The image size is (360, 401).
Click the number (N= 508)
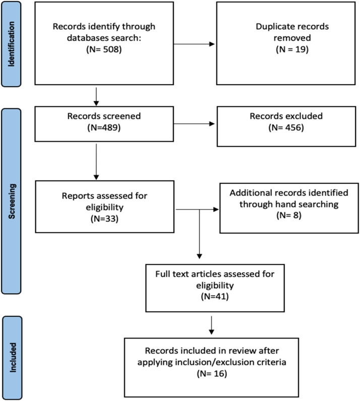(x=104, y=49)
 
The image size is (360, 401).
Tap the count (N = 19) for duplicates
(x=292, y=49)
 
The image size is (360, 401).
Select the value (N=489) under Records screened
(x=104, y=127)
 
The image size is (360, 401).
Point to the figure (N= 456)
(x=286, y=127)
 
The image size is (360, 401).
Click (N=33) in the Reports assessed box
(x=104, y=219)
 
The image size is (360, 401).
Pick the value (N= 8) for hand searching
(x=289, y=215)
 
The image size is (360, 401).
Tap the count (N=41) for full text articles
(x=215, y=296)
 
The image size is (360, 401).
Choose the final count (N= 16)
(x=212, y=374)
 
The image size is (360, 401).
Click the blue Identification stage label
(x=11, y=44)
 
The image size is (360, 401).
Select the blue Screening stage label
(x=11, y=202)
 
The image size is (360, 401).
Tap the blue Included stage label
(x=12, y=358)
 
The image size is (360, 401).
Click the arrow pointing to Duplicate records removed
(x=194, y=44)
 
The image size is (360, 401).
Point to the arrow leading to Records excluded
(x=194, y=124)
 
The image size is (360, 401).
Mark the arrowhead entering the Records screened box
(x=96, y=103)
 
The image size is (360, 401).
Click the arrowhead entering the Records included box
(x=211, y=331)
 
